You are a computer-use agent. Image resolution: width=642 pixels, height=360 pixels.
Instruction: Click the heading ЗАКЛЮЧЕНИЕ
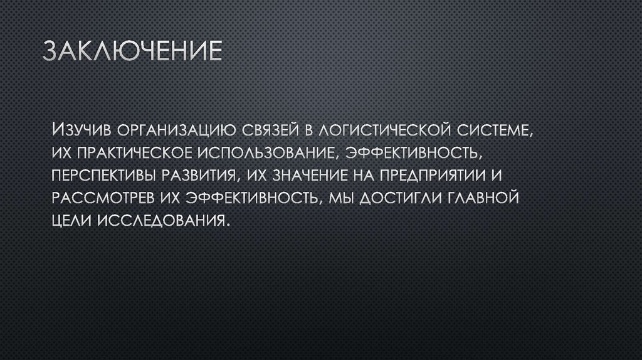click(x=132, y=52)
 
